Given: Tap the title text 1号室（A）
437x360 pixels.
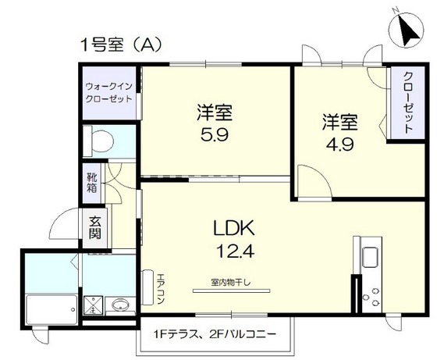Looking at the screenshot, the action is tap(121, 45).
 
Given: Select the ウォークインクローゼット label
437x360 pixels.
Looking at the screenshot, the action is tap(108, 93).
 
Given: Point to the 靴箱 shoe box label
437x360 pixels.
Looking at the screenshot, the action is tap(92, 183).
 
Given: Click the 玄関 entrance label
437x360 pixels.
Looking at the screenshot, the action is tap(95, 228).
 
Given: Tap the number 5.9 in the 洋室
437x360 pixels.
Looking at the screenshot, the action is tap(215, 134).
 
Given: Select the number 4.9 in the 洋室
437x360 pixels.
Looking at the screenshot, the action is tap(340, 144).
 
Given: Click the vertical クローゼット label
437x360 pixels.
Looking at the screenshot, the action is tap(408, 102).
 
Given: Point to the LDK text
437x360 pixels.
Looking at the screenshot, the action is tap(234, 228).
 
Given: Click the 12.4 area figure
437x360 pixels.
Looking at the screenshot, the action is tap(235, 251).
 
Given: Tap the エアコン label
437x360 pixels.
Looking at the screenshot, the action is tap(161, 289).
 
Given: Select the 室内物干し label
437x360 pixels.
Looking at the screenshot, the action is tap(231, 283).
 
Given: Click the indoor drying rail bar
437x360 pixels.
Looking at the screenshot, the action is tap(231, 290).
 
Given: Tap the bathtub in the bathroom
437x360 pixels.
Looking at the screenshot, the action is tap(52, 309).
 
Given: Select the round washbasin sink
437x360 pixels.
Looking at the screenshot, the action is tap(120, 305).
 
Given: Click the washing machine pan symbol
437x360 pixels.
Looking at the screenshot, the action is tap(93, 305).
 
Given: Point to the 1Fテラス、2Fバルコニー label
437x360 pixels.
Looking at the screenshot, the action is tap(215, 333).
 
